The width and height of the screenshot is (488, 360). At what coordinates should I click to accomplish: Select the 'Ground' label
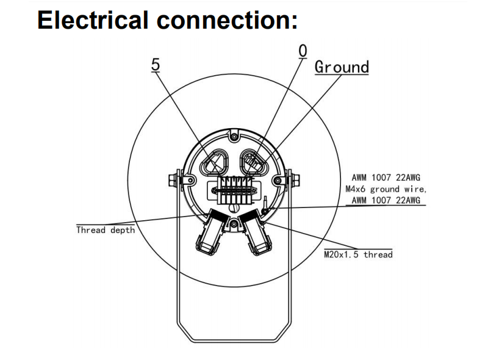pos(342,67)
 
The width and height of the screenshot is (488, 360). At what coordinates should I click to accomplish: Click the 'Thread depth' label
pos(106,230)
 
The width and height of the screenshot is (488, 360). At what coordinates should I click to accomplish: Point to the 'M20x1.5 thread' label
pos(358,254)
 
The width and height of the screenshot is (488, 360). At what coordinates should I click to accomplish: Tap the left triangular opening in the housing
pos(215,163)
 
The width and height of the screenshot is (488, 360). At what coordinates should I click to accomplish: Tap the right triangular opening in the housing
pos(255,162)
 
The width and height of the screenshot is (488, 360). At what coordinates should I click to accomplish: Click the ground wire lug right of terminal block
pos(267,201)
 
